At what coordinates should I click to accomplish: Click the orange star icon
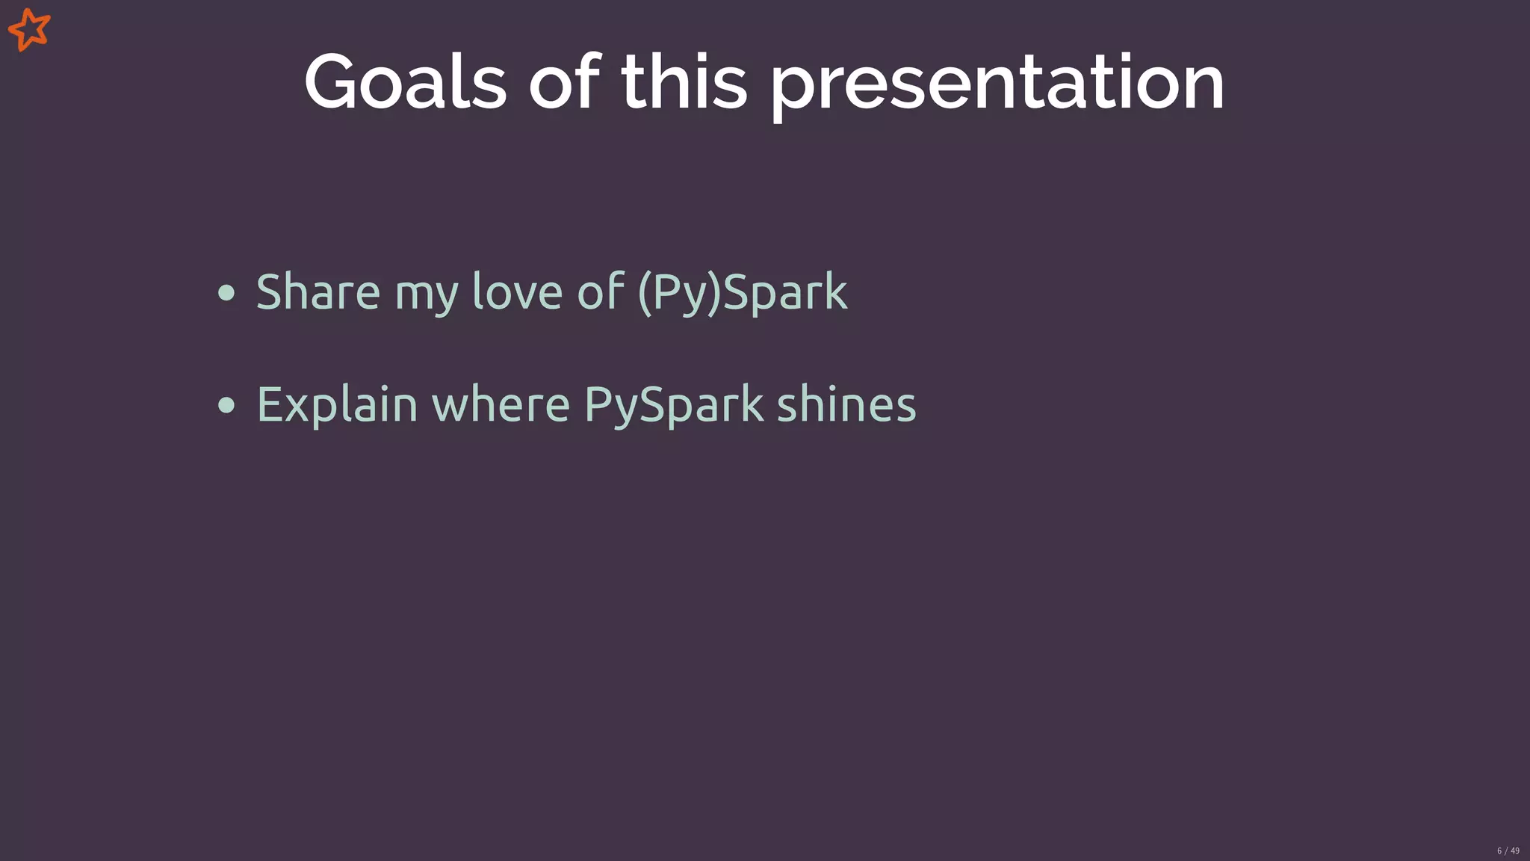[29, 30]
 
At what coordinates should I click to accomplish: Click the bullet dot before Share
[226, 293]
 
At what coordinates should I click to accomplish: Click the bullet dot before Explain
[226, 406]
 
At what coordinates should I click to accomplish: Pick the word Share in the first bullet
[318, 291]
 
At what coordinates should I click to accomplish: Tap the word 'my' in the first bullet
[426, 295]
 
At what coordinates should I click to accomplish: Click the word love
[517, 291]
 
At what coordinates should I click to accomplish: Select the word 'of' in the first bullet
[600, 291]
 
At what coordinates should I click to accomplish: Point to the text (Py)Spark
[743, 293]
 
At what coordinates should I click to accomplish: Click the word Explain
[336, 406]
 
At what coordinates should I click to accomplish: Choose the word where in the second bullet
[501, 404]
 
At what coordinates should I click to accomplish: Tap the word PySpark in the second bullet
[673, 406]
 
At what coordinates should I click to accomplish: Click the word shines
[846, 404]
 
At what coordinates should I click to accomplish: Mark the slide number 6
[1499, 851]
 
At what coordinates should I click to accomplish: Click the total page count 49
[1515, 851]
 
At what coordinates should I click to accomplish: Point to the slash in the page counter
[1507, 851]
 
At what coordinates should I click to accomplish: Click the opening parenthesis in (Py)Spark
[645, 293]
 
